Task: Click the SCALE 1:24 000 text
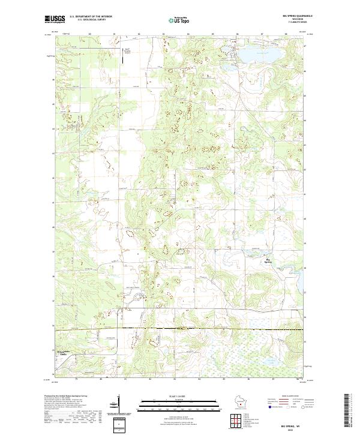pyautogui.click(x=179, y=396)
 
